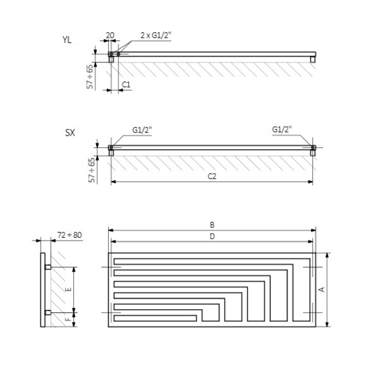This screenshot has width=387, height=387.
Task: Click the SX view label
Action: click(x=69, y=134)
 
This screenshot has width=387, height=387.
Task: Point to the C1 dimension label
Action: click(x=126, y=84)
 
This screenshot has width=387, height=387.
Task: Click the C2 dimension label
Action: click(x=212, y=176)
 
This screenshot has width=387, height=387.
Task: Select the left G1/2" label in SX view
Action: click(x=142, y=130)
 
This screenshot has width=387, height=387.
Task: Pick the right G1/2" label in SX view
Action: click(x=283, y=130)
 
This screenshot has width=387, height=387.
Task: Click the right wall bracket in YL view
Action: click(x=312, y=59)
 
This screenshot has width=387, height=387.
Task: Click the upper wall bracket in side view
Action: click(x=48, y=267)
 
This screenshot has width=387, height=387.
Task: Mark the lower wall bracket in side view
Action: click(x=48, y=312)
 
